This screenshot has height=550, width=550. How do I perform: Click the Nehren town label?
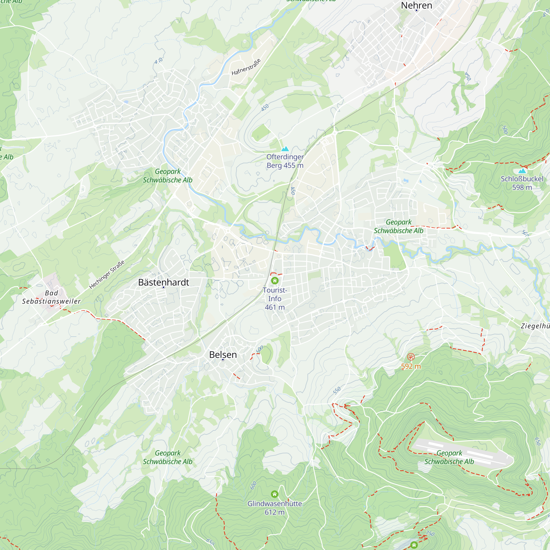(x=416, y=5)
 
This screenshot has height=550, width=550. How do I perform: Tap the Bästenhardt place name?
(x=163, y=282)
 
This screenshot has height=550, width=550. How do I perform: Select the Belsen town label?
(x=223, y=354)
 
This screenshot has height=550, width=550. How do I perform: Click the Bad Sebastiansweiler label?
(x=51, y=297)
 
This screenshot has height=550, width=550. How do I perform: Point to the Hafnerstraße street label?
(x=246, y=67)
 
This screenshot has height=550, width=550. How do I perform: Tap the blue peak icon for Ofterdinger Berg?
(x=285, y=148)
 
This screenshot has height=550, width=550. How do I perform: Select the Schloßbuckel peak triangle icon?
(x=522, y=171)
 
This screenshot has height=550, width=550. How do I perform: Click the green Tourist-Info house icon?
(x=275, y=281)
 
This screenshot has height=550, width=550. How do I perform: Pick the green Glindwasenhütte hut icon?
(x=274, y=494)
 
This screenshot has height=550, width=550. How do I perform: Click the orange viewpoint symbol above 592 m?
(x=411, y=357)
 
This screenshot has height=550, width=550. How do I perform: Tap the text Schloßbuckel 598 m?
(x=522, y=183)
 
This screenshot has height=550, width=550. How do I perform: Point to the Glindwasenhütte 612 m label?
(x=274, y=508)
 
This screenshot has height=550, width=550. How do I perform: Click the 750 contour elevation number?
(x=430, y=533)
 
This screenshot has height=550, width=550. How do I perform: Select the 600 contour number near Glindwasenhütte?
(x=253, y=485)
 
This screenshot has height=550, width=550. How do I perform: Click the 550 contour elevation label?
(x=337, y=391)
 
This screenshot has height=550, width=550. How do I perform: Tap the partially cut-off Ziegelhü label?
(x=535, y=326)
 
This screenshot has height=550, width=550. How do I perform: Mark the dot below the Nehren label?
(x=416, y=10)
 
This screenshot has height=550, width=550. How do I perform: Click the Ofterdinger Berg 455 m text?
(x=285, y=161)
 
